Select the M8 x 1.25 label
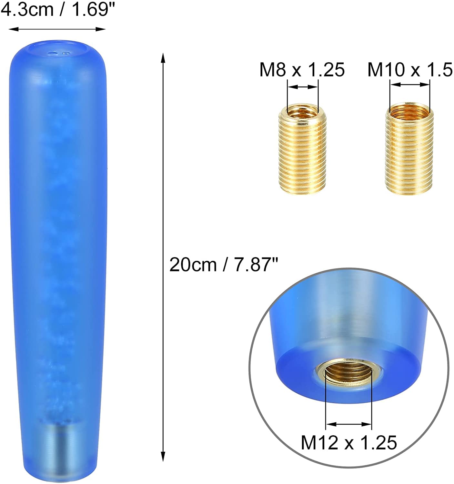point(302,70)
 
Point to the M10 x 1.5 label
point(410,70)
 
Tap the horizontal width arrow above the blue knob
point(57,29)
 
